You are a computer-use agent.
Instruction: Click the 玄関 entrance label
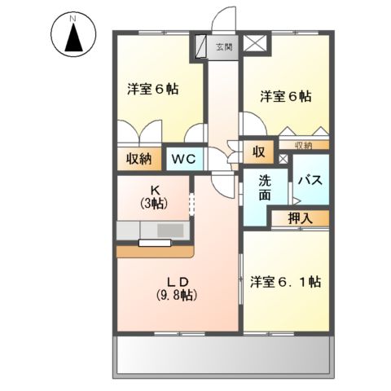point(223,47)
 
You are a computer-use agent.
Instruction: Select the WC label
point(182,159)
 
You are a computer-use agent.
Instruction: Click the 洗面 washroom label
point(266,189)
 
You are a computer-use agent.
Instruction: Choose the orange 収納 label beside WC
point(138,159)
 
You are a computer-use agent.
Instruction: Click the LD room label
point(180,278)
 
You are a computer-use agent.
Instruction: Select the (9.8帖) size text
point(180,294)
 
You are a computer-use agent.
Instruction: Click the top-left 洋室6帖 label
point(152,89)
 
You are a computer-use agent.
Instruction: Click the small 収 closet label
point(258,152)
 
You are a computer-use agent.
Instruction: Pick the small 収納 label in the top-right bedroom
point(304,146)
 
